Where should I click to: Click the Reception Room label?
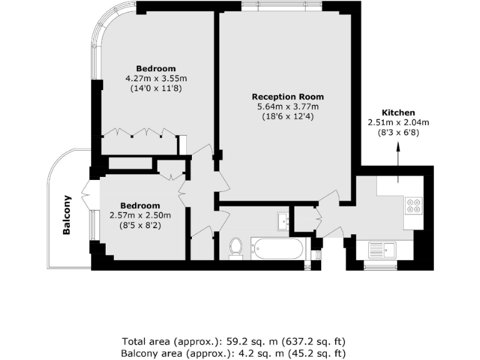click(287, 96)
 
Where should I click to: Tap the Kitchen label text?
click(398, 112)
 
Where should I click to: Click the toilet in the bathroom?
click(236, 246)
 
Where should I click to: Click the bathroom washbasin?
click(282, 221)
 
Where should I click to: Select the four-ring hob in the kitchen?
click(414, 205)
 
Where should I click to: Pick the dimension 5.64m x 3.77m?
click(287, 106)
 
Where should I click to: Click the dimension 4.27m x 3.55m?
click(156, 78)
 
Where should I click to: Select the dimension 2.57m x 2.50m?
click(140, 215)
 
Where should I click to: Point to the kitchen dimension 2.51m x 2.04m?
click(398, 122)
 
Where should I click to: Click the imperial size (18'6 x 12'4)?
click(287, 116)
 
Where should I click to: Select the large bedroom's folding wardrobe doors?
click(139, 132)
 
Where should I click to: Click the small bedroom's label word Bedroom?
click(140, 205)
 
